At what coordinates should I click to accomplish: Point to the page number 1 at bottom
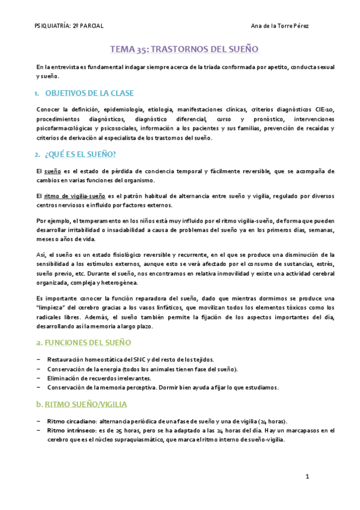click(x=307, y=477)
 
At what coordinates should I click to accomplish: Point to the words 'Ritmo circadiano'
click(x=70, y=421)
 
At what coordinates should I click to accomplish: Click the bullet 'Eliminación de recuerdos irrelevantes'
click(x=100, y=378)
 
